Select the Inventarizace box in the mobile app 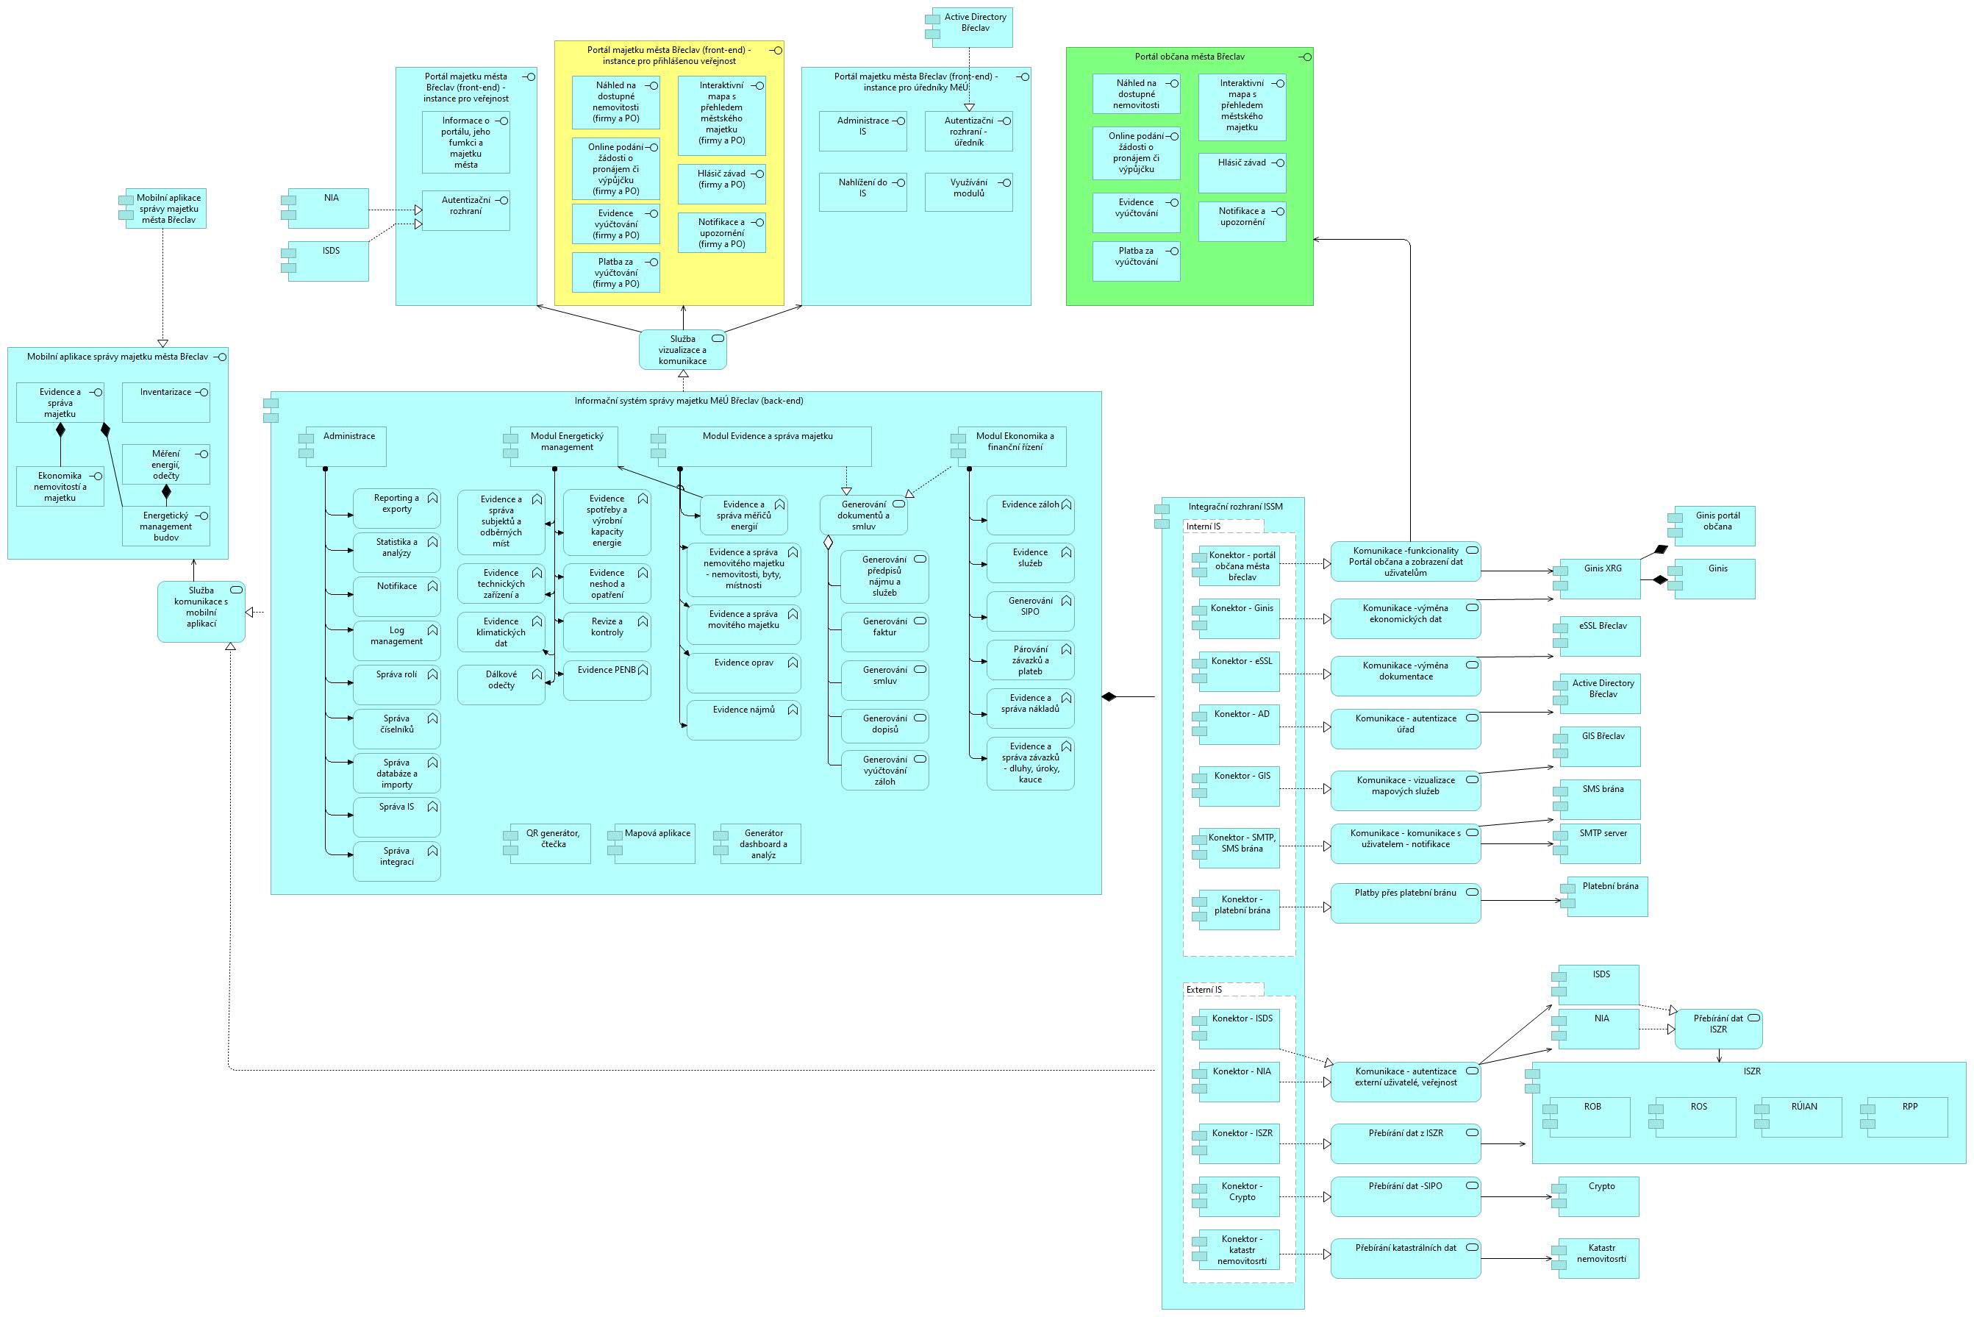pos(165,402)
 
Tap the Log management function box pos(396,640)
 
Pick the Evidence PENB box pos(607,680)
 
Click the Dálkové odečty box pos(501,684)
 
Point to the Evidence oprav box pos(743,673)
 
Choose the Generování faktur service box pos(884,632)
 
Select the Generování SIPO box pos(1030,610)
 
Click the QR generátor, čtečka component pos(551,843)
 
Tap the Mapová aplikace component pos(657,843)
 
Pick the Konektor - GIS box pos(1240,787)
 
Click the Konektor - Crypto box pos(1240,1196)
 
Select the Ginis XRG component pos(1601,579)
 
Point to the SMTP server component pos(1601,843)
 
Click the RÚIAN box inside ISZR pos(1802,1116)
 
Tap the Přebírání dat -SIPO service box pos(1405,1196)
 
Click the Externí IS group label pos(1204,990)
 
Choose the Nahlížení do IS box pos(862,191)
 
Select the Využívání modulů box pos(968,191)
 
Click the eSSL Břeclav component pos(1601,636)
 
